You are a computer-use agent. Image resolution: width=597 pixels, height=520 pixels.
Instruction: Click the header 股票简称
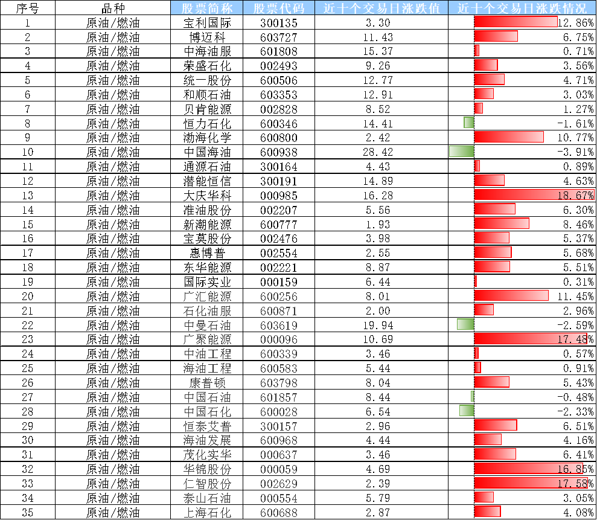coord(206,8)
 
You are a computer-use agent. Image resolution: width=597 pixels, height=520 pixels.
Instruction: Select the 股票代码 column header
coord(279,8)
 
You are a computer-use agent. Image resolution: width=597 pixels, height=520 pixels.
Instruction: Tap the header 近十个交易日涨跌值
coord(382,8)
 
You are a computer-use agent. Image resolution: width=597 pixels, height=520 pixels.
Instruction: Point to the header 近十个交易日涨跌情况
coord(522,8)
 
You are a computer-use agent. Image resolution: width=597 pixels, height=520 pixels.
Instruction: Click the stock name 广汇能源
coord(207,297)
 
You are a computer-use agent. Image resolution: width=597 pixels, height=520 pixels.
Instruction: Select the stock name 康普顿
coord(207,383)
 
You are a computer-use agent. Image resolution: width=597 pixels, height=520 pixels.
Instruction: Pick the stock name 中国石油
coord(207,397)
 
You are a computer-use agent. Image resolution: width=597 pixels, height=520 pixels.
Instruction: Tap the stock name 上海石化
coord(207,513)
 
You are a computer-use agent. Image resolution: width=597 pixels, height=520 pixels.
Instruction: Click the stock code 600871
coord(279,311)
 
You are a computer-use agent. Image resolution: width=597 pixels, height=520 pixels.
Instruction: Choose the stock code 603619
coord(279,326)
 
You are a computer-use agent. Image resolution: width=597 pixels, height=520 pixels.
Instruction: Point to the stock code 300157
coord(279,426)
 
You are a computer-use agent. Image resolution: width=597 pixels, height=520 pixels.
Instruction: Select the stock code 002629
coord(279,484)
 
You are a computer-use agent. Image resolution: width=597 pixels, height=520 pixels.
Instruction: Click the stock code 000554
coord(279,498)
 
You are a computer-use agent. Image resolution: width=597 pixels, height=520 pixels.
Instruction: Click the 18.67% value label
coord(575,195)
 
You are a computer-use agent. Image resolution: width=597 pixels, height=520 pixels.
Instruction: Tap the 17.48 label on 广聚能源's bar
coord(572,339)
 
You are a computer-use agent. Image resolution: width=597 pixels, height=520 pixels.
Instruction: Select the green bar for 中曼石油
coord(465,324)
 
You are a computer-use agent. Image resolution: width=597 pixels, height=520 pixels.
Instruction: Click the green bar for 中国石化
coord(467,411)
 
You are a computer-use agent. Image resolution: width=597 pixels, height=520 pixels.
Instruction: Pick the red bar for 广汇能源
coord(511,295)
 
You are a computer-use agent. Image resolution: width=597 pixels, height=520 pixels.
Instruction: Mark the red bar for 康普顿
coord(491,382)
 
